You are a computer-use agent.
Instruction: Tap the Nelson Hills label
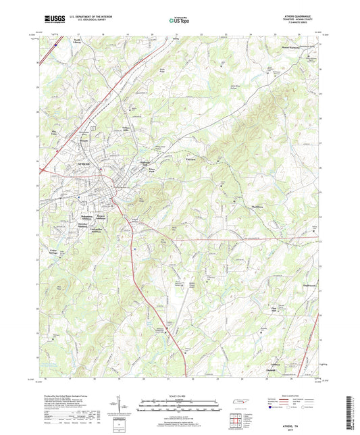pyautogui.click(x=128, y=128)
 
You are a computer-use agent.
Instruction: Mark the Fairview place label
pyautogui.click(x=191, y=159)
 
